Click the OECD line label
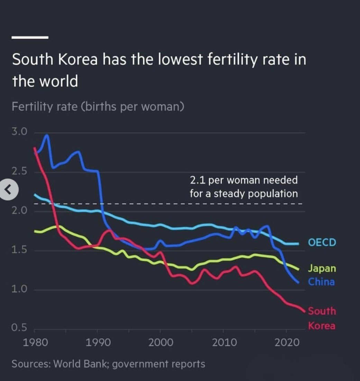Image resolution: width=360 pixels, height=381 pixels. (x=322, y=242)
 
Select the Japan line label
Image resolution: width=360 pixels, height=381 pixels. (x=322, y=268)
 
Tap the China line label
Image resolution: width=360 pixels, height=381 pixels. (x=321, y=282)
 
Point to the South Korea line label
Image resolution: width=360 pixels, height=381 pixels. (x=322, y=318)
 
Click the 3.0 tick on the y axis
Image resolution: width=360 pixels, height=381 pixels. (x=19, y=132)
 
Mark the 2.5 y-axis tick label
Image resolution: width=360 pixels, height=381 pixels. (x=19, y=172)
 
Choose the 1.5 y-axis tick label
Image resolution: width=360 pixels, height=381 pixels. (x=19, y=250)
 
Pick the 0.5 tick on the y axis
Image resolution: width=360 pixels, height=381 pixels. (x=19, y=328)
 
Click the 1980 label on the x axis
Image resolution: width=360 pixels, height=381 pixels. (x=35, y=342)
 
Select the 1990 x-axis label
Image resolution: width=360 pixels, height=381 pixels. (x=98, y=342)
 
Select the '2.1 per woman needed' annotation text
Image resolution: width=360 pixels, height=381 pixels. (x=243, y=180)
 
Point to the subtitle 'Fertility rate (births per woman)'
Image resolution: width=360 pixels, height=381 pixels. (x=98, y=106)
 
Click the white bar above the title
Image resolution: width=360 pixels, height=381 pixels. (x=30, y=37)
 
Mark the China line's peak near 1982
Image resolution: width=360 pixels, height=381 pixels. (x=47, y=136)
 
